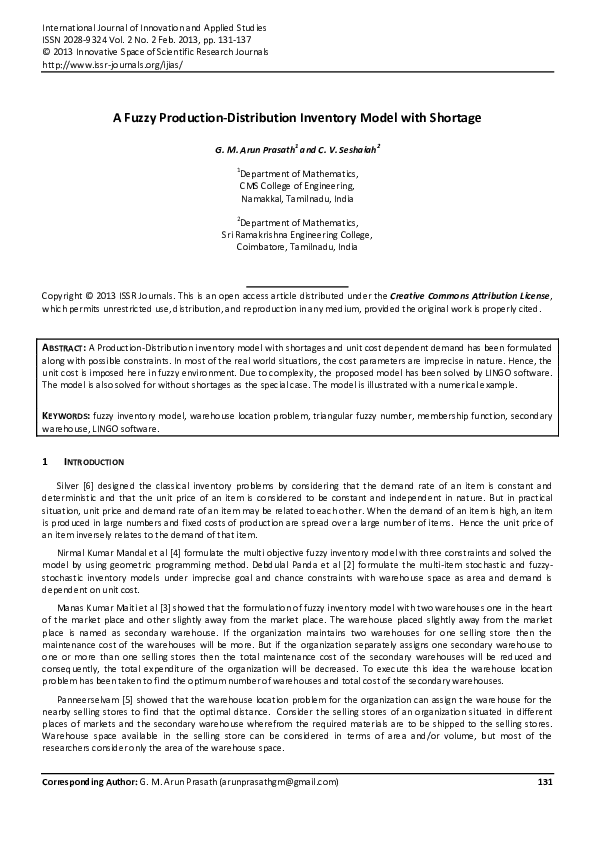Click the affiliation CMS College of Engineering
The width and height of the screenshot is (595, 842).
(297, 185)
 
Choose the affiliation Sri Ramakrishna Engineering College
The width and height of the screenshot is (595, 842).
(297, 234)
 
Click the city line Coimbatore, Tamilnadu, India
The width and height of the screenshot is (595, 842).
(297, 246)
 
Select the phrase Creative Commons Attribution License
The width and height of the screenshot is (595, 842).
(469, 296)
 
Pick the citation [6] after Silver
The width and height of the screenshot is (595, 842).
(88, 484)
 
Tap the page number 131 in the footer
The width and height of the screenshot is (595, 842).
(545, 782)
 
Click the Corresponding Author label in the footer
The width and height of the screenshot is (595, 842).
(87, 782)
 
